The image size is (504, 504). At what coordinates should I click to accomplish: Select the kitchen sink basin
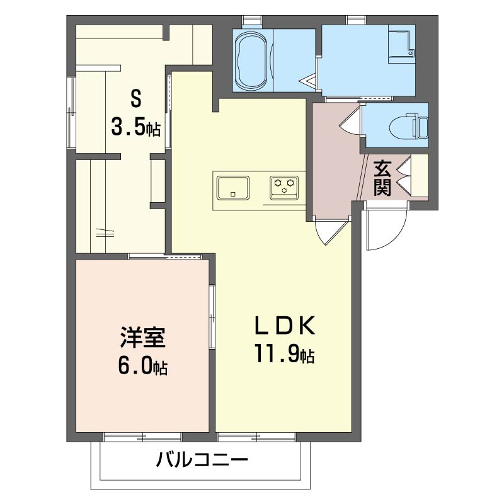tap(233, 187)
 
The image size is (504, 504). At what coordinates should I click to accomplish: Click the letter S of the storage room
tap(135, 98)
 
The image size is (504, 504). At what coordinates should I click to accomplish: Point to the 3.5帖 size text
tap(135, 127)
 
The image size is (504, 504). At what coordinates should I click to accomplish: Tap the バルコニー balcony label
tap(202, 461)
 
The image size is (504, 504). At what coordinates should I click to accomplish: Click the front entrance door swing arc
tap(386, 230)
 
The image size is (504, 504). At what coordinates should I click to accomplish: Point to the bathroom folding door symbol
tap(309, 81)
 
